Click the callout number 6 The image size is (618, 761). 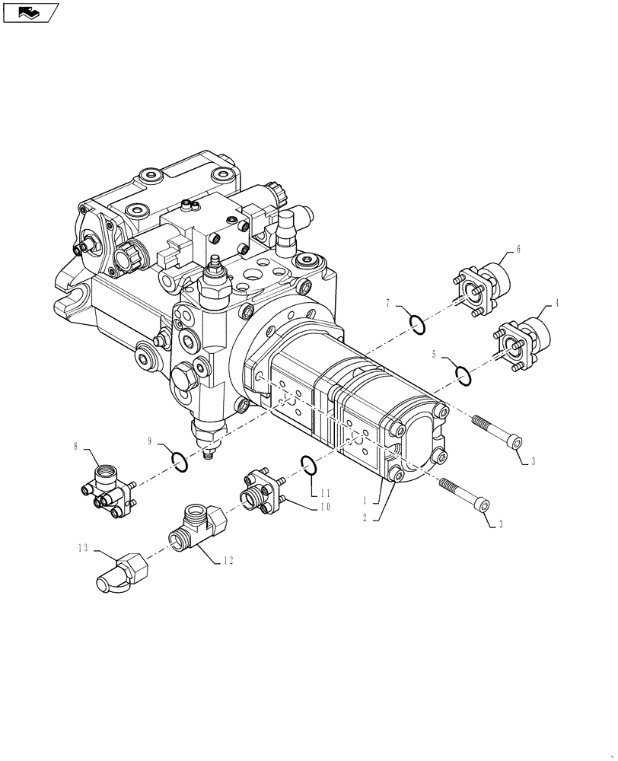click(518, 248)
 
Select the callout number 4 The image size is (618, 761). click(556, 303)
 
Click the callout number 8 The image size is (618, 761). click(76, 447)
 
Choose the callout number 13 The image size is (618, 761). click(81, 547)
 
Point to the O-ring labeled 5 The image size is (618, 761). click(461, 374)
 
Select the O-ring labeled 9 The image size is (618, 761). click(179, 462)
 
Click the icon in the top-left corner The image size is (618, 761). click(30, 12)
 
